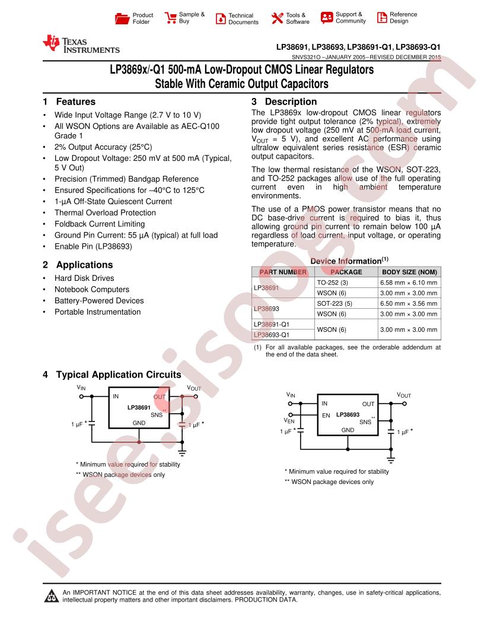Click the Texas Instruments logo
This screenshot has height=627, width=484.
81,45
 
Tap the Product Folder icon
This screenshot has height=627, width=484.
122,18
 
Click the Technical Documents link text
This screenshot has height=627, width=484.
243,18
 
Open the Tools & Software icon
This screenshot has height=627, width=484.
277,18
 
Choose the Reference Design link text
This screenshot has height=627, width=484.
403,18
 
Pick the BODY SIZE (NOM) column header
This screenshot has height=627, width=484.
410,272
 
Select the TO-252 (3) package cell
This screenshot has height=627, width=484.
332,283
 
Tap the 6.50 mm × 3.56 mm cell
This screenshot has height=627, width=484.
409,303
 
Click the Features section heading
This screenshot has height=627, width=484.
75,102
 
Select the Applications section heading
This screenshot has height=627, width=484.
84,265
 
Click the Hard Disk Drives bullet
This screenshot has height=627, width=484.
84,278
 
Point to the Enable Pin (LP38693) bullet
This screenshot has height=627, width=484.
93,246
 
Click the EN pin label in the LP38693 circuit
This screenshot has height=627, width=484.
326,416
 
